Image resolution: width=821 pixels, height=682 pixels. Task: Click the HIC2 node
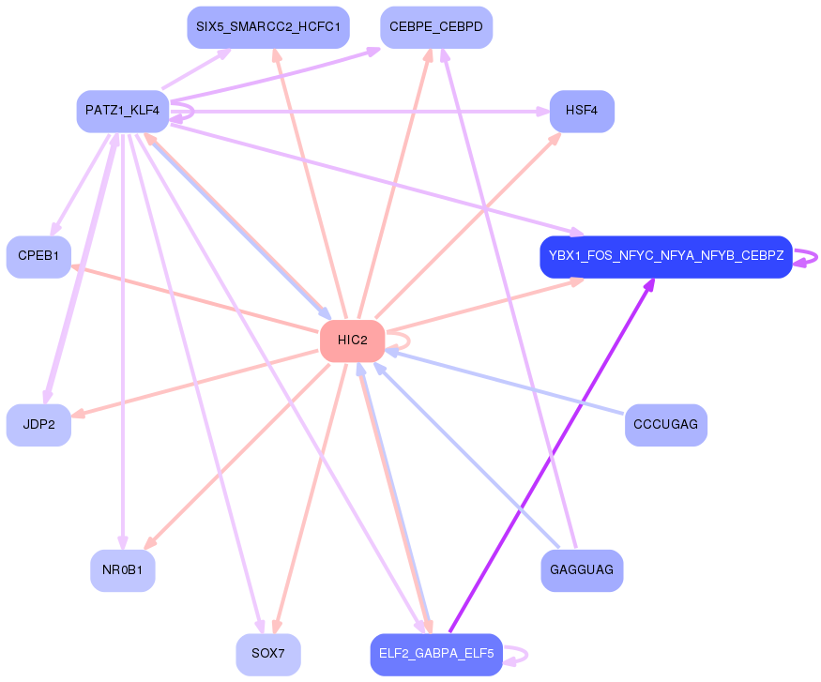coord(352,341)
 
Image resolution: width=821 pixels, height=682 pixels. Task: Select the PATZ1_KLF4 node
coord(122,111)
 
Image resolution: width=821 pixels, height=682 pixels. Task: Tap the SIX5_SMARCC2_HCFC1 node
coord(267,27)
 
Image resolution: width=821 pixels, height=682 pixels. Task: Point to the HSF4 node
coord(582,111)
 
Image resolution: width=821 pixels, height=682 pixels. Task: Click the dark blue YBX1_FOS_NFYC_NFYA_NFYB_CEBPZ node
coord(666,257)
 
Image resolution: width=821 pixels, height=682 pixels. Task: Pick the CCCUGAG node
coord(665,425)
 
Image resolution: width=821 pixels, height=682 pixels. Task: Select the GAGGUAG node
coord(582,570)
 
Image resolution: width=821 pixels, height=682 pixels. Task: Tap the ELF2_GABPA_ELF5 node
coord(436,654)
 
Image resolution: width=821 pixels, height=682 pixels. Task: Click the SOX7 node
coord(268,654)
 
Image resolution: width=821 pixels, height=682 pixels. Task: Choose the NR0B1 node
coord(122,570)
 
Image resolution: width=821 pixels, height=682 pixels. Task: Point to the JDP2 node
coord(38,425)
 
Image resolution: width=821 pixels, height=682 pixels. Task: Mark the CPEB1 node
coord(38,257)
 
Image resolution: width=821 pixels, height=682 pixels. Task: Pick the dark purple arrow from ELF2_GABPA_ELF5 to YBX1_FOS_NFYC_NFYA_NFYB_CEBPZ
coord(549,460)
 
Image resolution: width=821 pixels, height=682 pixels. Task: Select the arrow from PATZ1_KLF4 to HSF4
coord(357,112)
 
